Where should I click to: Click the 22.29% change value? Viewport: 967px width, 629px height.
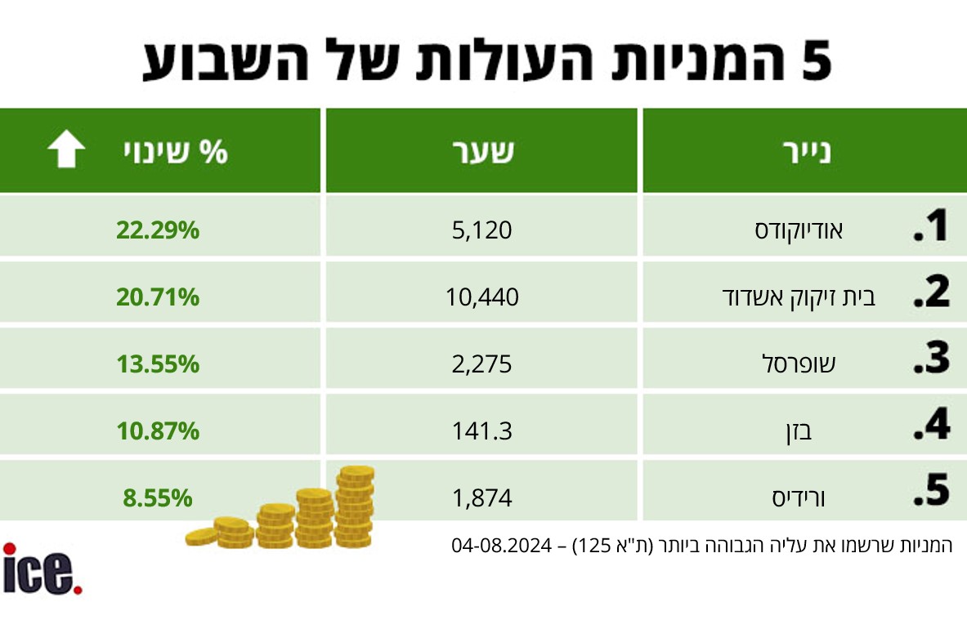tap(158, 231)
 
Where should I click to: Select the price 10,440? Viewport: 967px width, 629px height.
tap(482, 297)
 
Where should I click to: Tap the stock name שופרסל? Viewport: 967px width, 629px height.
tap(799, 364)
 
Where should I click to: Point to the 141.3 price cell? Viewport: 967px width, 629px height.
tap(482, 430)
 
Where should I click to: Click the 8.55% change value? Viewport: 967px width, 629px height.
tap(158, 497)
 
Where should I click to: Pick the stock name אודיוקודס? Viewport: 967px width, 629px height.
tap(799, 231)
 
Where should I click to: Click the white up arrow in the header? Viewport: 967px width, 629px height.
tap(66, 152)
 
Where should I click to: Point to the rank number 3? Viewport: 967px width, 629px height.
tap(931, 359)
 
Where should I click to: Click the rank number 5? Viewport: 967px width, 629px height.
tap(931, 492)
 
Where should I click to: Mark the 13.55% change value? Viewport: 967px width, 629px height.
tap(158, 364)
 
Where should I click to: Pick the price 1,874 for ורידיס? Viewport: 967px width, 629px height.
tap(482, 497)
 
